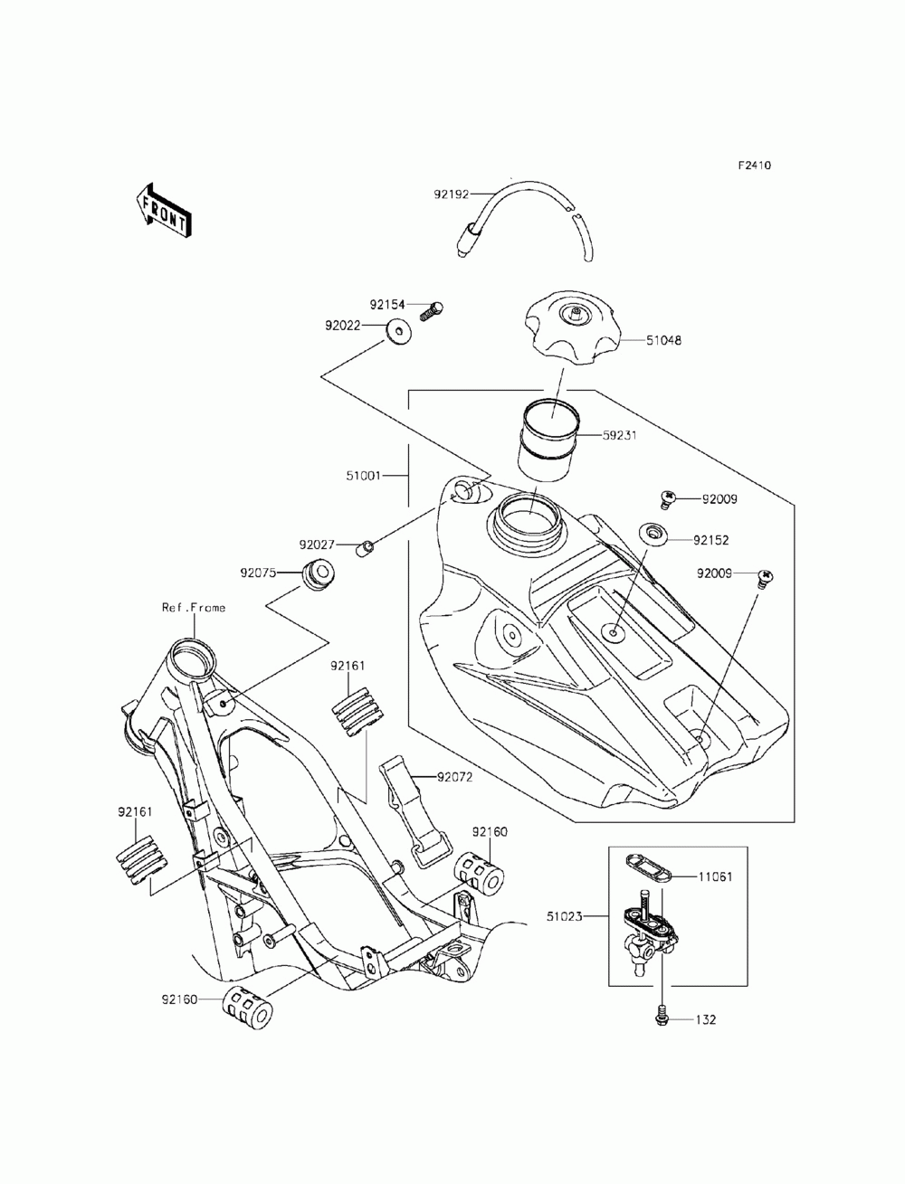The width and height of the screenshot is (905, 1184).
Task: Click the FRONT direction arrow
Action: tap(162, 211)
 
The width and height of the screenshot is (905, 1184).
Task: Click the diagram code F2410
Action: tap(754, 166)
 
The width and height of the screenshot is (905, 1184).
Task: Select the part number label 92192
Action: tap(452, 194)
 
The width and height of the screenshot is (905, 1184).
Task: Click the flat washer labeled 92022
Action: tap(397, 332)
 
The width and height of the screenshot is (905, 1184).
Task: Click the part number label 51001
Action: tap(363, 476)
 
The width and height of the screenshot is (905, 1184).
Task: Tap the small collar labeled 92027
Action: tap(366, 549)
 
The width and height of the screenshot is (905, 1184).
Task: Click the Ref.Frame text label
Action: tap(194, 607)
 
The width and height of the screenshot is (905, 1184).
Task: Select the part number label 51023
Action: tap(564, 916)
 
